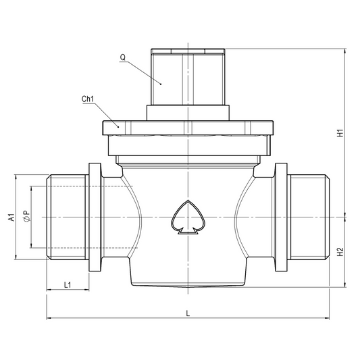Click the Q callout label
[123, 57]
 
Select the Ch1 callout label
[88, 99]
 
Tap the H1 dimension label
[340, 133]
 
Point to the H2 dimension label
[340, 252]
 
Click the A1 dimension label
[11, 217]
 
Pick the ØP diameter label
[26, 216]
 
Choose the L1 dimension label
[68, 285]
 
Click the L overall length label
[188, 313]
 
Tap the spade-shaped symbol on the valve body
[188, 217]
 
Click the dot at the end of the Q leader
[161, 84]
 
